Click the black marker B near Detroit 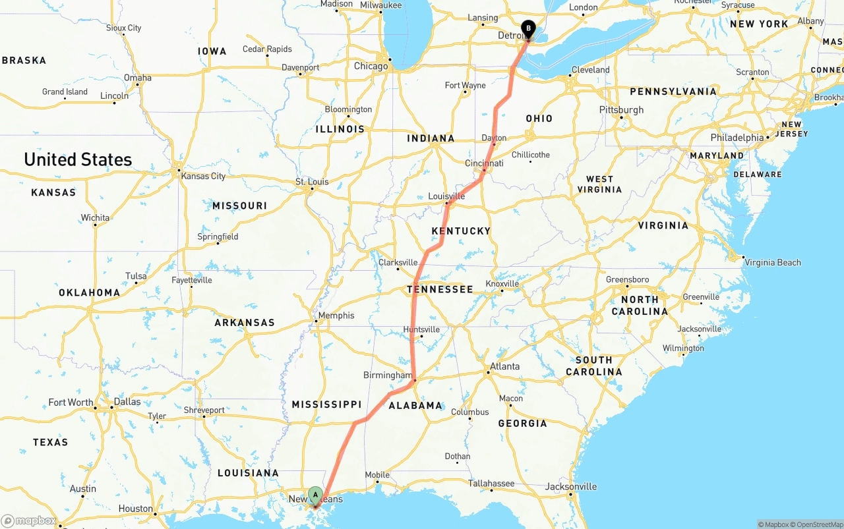[528, 28]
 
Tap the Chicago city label [371, 66]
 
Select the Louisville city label [446, 196]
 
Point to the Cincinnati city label [484, 163]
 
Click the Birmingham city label [387, 376]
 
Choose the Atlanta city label [505, 366]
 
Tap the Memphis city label [336, 316]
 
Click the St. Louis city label [312, 182]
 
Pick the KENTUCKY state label [461, 231]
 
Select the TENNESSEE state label [440, 289]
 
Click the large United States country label [78, 159]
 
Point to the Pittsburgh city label [621, 109]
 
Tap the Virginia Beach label [773, 262]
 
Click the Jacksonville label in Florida [571, 487]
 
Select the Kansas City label [203, 176]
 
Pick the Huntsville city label [421, 329]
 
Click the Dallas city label [127, 402]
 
